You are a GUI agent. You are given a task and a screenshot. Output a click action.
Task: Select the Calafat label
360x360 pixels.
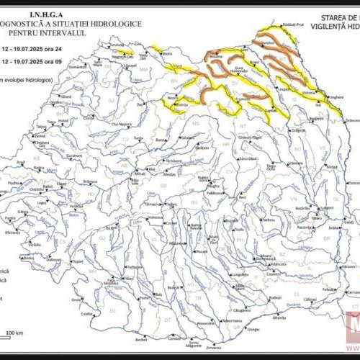point(87,314)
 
